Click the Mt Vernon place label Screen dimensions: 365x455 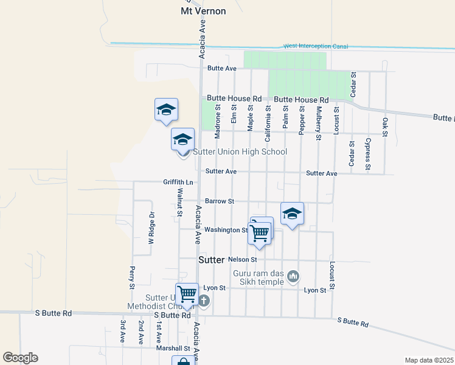point(203,11)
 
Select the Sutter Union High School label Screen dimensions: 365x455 point(240,151)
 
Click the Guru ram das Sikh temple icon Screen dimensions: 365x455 point(294,276)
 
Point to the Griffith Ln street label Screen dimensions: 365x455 point(178,182)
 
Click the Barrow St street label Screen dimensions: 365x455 point(219,201)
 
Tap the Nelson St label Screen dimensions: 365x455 point(243,259)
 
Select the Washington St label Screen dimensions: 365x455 point(226,230)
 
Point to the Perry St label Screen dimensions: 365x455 point(131,277)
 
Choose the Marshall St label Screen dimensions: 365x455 point(173,349)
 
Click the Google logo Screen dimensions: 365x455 point(20,358)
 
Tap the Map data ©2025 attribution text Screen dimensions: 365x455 point(429,360)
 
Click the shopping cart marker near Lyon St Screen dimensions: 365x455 point(187,294)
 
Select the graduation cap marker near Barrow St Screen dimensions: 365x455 point(293,214)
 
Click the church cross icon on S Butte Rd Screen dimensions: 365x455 point(204,300)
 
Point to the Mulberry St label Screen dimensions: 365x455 point(318,123)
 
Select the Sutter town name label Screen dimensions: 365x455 point(212,260)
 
